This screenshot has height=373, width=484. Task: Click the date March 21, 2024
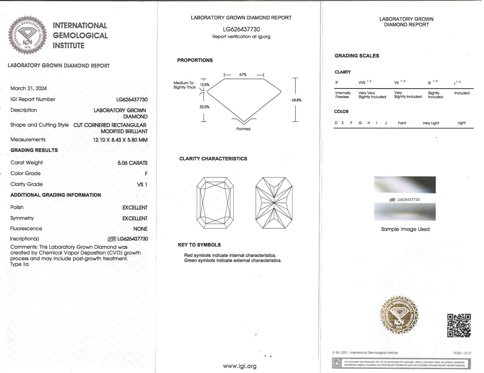coord(28,88)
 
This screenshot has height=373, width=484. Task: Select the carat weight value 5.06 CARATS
coord(132,163)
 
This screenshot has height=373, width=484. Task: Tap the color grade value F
coord(146,174)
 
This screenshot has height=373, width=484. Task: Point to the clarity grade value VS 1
coord(142,184)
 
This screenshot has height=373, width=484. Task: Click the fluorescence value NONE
coord(140,229)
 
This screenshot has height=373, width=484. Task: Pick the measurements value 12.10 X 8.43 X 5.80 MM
coord(120,140)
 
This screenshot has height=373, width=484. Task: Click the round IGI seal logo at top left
coord(27,35)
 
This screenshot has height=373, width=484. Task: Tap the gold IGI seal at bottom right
coord(399,315)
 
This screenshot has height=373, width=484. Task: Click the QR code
coord(459,325)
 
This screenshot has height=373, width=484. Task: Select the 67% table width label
coord(243,75)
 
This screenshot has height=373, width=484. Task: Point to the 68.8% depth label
coord(296,100)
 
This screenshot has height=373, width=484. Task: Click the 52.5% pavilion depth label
coord(204,107)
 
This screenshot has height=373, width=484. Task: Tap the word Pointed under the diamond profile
coord(243,129)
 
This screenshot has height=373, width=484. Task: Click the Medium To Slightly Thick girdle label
coord(184,85)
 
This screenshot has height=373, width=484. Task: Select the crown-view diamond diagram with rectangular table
coord(215,203)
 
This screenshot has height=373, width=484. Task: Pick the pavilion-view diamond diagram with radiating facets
coord(274,203)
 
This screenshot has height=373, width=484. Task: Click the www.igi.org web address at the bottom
coord(240,366)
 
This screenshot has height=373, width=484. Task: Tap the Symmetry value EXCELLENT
coord(135,218)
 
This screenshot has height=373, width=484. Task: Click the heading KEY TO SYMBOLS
coord(199,245)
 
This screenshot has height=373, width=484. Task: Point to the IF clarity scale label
coord(337,83)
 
